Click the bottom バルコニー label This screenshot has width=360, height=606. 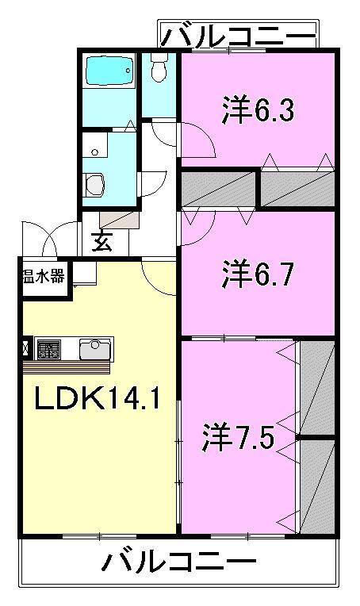coord(179,565)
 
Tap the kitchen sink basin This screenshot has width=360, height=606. coord(95,348)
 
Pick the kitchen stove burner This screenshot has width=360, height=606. coord(48,348)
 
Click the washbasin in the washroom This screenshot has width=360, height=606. coord(94,185)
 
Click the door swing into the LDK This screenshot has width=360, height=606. coord(159,274)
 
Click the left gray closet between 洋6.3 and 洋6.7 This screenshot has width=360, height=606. coord(220,189)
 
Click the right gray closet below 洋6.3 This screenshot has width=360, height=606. coord(298,189)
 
